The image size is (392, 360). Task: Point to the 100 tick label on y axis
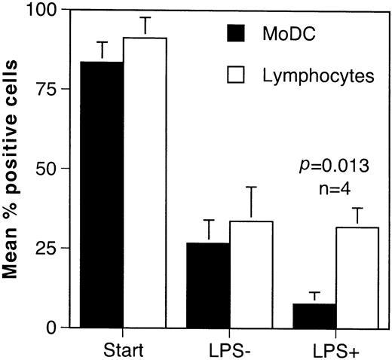(x=41, y=11)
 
